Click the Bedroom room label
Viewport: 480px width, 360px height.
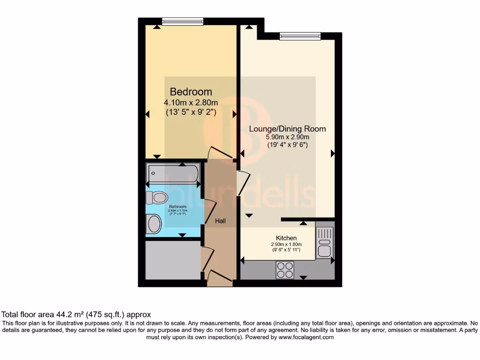191,92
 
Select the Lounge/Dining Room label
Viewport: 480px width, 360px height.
287,129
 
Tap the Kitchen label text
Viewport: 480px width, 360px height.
286,238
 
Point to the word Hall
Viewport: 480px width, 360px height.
220,220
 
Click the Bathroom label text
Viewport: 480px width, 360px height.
178,207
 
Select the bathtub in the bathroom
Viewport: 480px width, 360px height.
173,174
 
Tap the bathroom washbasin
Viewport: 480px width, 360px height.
154,224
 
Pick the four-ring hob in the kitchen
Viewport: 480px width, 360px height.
285,270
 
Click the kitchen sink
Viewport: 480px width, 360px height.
324,241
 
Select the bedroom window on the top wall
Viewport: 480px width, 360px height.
183,21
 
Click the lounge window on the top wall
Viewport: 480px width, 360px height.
300,36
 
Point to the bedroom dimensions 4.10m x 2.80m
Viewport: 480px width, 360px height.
191,103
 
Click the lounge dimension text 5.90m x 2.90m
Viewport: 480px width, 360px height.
287,137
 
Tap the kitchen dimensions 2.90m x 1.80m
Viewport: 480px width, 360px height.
286,244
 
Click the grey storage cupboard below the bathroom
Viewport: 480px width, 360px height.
173,260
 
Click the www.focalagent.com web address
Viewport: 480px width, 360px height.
306,337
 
